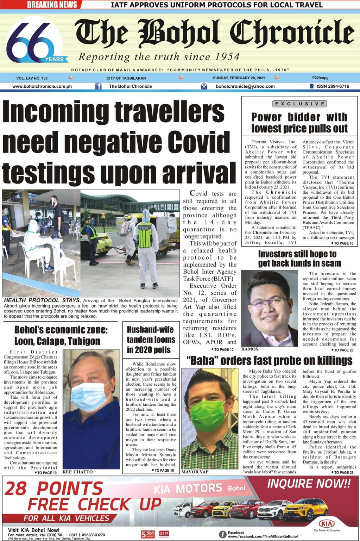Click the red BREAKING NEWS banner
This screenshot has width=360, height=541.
[52, 5]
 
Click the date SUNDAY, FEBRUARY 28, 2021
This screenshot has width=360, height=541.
[239, 78]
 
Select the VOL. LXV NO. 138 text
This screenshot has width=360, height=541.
[32, 78]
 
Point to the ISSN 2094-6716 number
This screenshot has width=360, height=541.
[333, 86]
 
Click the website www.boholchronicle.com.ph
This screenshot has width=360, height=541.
[42, 86]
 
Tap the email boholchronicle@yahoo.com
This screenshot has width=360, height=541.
[245, 86]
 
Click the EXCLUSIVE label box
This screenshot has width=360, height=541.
[299, 104]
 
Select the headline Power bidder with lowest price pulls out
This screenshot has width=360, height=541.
[299, 123]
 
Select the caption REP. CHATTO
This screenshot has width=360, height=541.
[78, 472]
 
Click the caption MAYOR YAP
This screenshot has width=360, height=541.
[195, 472]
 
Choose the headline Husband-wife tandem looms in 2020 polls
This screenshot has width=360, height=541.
[151, 340]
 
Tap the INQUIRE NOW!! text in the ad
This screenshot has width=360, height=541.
[309, 484]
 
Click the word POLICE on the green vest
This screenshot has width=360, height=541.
[145, 228]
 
